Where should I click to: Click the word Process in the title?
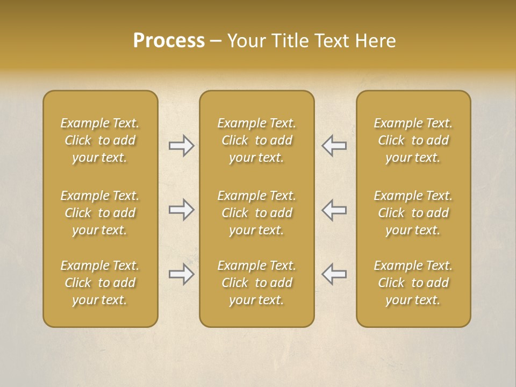point(169,41)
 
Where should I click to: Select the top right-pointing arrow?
point(181,146)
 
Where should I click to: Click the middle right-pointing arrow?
point(181,210)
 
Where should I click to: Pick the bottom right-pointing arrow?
point(181,274)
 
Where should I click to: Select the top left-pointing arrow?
point(334,146)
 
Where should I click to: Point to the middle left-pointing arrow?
point(334,210)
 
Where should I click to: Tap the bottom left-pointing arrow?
point(334,274)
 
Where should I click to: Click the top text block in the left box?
point(100,140)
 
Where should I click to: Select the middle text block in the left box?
point(100,213)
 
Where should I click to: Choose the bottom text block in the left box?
point(100,283)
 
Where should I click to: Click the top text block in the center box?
point(257,140)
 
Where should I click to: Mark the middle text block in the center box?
point(257,213)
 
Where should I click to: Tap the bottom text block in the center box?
point(257,283)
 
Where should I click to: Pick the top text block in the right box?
point(413,140)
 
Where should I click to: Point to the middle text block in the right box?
point(413,213)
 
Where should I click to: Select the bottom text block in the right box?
point(413,283)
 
